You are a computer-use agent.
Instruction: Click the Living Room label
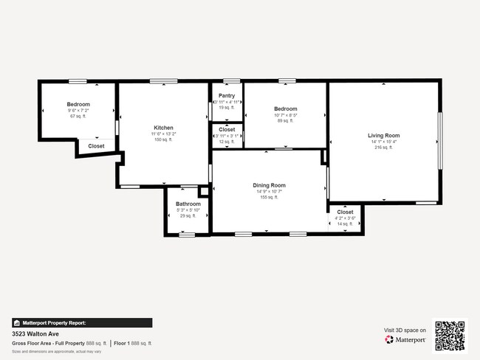pyautogui.click(x=383, y=135)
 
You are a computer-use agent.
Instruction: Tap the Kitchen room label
pyautogui.click(x=163, y=128)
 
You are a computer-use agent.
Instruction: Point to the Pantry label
pyautogui.click(x=227, y=96)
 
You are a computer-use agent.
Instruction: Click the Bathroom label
pyautogui.click(x=188, y=204)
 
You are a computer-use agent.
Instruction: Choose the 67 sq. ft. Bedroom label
pyautogui.click(x=78, y=104)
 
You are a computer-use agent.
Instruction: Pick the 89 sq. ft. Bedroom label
pyautogui.click(x=285, y=109)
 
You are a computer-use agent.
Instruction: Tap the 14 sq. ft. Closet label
pyautogui.click(x=345, y=212)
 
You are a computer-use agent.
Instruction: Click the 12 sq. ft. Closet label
pyautogui.click(x=227, y=130)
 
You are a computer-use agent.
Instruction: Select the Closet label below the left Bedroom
pyautogui.click(x=96, y=146)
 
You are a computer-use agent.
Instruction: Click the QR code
pyautogui.click(x=450, y=335)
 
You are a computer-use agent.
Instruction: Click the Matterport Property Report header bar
pyautogui.click(x=82, y=322)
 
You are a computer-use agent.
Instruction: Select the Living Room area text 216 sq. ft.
pyautogui.click(x=383, y=148)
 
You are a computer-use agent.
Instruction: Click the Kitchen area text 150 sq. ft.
pyautogui.click(x=163, y=139)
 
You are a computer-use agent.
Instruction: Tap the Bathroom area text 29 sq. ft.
pyautogui.click(x=188, y=215)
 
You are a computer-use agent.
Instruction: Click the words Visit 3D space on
pyautogui.click(x=405, y=330)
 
